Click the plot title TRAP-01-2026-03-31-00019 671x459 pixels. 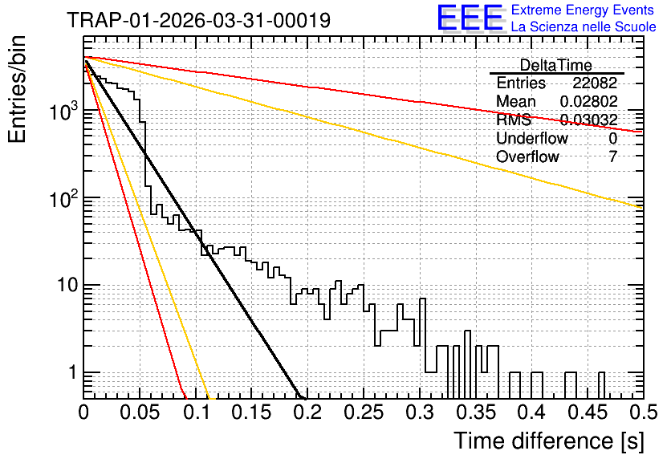pos(199,20)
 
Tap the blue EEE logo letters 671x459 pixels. pos(470,18)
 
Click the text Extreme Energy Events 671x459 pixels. pos(583,10)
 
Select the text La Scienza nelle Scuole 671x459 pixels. pos(584,26)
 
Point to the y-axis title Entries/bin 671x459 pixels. pos(17,89)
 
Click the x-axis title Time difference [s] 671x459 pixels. pos(549,441)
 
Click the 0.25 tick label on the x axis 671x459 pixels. pos(364,412)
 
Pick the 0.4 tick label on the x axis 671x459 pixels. pos(531,412)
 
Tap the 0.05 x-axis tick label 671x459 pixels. pos(140,412)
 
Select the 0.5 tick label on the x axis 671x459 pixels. pos(643,412)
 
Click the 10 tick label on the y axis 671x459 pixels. pos(67,285)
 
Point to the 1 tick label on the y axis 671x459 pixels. pos(72,372)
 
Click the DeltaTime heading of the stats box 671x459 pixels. pos(556,65)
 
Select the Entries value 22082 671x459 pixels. pos(595,83)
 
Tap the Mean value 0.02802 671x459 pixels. pos(589,101)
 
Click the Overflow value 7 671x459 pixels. pos(612,156)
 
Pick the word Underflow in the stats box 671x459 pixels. pos(532,138)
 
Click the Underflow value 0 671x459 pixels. pos(612,138)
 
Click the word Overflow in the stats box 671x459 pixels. pos(527,156)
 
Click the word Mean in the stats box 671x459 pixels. pos(516,101)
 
